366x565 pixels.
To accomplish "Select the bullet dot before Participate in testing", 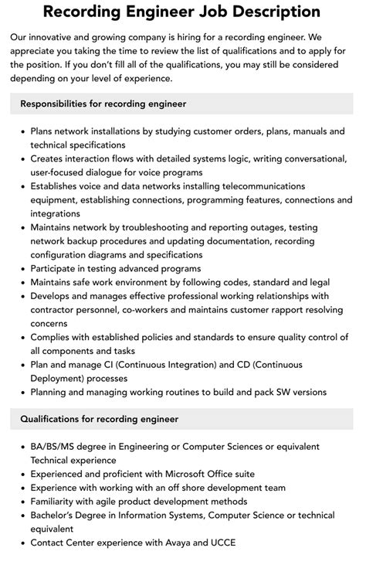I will coord(21,269).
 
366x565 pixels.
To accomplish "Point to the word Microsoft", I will coord(175,474).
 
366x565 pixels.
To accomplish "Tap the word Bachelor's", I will coord(56,516).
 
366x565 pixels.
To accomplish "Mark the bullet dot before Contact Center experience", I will coord(21,543).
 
